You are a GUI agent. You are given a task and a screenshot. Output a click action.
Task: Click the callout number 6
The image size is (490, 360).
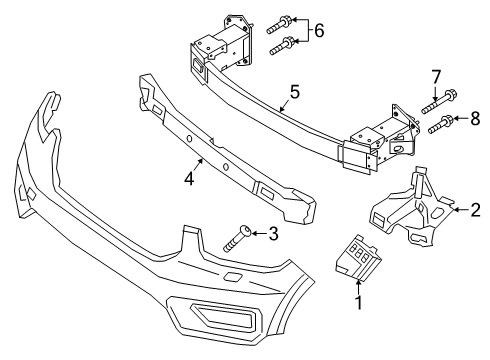coord(319,32)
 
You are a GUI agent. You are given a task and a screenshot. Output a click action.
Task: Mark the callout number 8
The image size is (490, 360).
coord(474,120)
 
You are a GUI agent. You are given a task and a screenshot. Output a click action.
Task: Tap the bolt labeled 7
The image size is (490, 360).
coord(433,100)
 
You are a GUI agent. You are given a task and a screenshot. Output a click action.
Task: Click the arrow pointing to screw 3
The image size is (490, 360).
coord(258,234)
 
